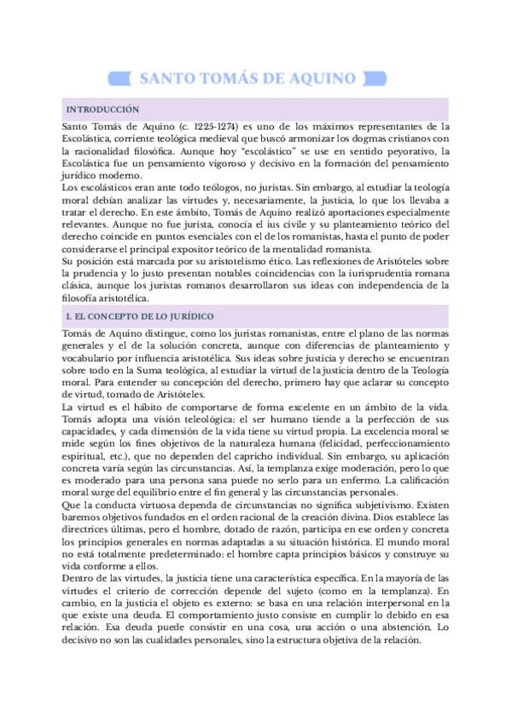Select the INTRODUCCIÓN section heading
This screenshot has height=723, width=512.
96,110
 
